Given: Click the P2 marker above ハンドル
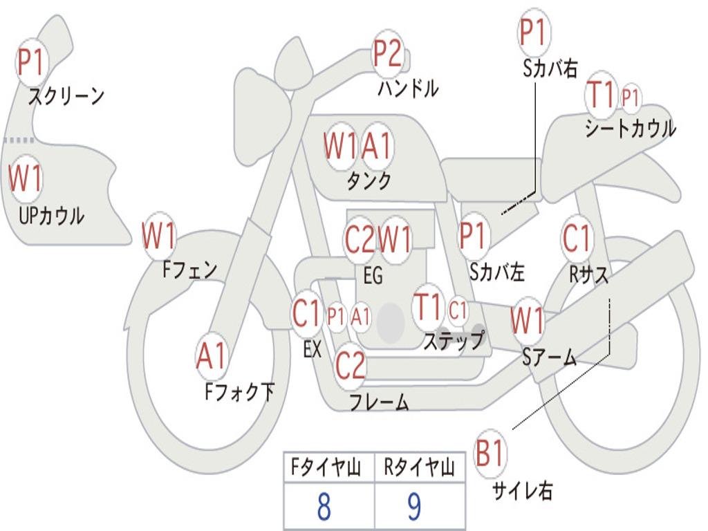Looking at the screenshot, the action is [388, 54].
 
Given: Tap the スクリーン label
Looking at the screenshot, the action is [66, 96].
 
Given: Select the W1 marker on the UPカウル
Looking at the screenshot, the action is [26, 178].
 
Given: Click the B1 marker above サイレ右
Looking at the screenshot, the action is [490, 453].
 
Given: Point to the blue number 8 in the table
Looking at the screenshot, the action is [324, 506].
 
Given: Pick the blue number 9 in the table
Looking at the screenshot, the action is [414, 506].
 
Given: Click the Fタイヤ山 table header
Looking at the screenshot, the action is [326, 467].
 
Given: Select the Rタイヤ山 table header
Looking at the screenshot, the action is [419, 467].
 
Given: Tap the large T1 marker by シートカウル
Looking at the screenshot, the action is [601, 95].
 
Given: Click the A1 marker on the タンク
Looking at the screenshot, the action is [376, 147].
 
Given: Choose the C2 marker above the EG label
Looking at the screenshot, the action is [360, 239].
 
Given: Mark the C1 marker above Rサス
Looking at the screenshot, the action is [577, 238].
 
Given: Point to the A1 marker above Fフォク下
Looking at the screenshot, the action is [211, 356].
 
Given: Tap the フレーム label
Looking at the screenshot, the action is [380, 402].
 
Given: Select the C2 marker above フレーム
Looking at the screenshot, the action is [350, 365].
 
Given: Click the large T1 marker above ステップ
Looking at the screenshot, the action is [427, 308].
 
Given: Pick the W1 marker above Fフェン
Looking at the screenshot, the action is [158, 236].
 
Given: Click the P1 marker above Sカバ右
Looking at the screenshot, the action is [534, 32].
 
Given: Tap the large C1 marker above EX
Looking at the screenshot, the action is [306, 313].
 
